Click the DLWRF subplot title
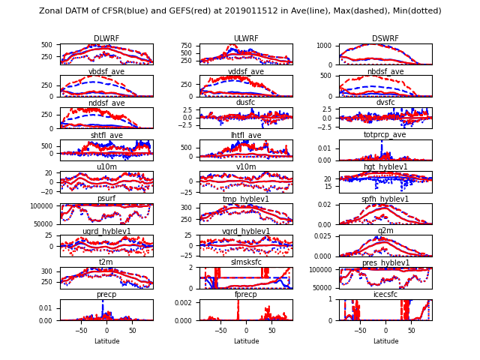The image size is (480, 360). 106,39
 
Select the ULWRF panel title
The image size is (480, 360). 246,39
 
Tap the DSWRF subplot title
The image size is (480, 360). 385,39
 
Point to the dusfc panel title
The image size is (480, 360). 246,103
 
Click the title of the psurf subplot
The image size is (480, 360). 106,199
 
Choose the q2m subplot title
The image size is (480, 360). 385,231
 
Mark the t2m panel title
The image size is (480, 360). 106,262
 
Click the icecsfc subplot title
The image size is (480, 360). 385,295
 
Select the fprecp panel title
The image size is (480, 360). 246,295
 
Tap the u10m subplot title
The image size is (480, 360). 106,167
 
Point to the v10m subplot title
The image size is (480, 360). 246,167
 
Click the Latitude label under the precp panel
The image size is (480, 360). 106,341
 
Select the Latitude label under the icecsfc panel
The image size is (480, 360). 385,341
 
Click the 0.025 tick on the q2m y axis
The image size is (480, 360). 324,236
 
